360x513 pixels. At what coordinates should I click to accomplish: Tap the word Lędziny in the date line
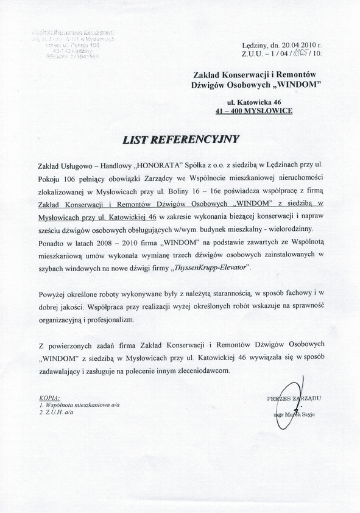click(254, 45)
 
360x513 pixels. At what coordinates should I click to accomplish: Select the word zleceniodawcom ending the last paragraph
click(199, 370)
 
